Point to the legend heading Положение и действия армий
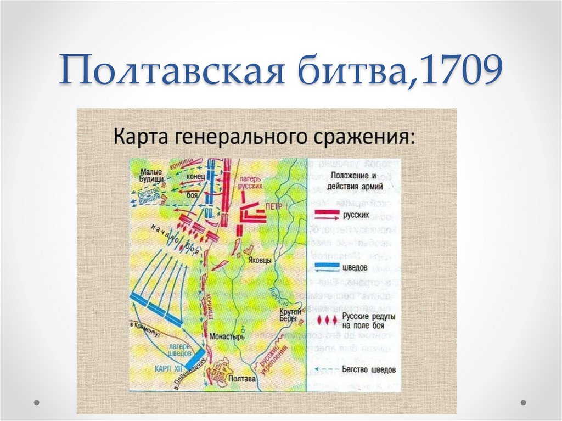tap(355, 181)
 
